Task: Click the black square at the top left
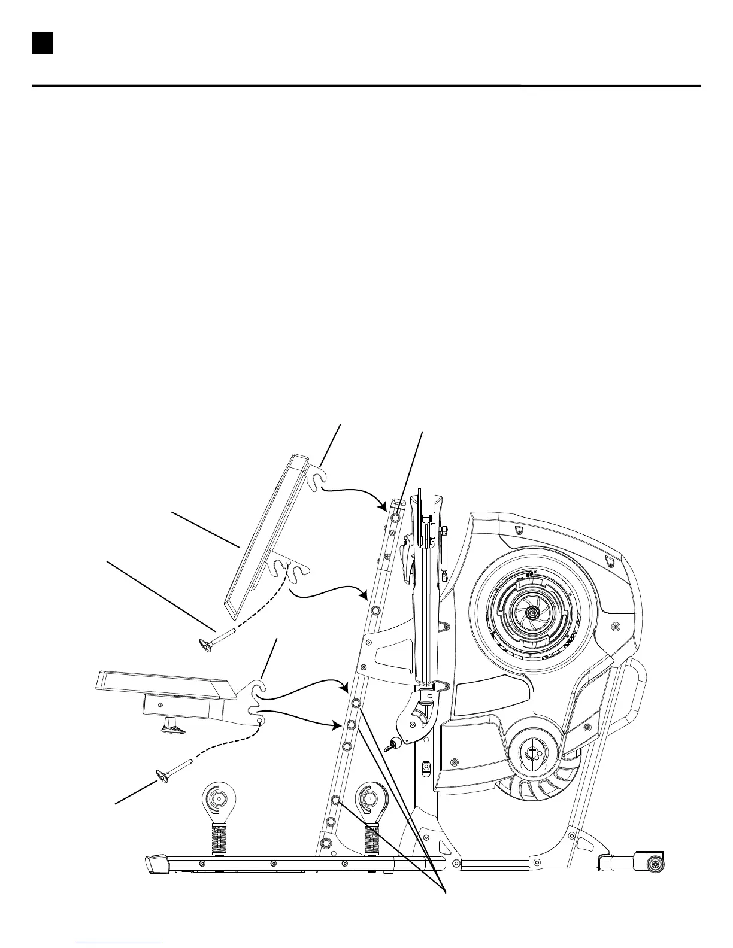point(43,42)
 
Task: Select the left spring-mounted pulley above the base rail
point(218,798)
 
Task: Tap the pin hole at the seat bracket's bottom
point(259,722)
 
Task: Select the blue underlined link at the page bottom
point(119,943)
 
